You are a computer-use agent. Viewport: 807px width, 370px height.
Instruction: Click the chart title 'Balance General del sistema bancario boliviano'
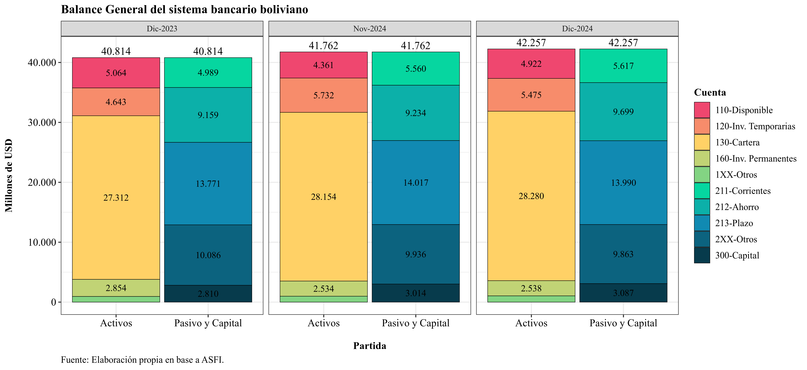184,9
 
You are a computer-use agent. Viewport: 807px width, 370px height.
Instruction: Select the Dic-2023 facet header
162,28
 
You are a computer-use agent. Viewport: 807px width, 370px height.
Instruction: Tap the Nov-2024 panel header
370,28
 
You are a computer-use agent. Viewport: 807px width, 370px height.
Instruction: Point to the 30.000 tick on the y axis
42,122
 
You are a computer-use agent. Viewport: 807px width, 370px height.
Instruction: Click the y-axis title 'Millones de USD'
9,175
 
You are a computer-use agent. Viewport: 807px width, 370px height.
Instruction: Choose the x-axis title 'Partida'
370,346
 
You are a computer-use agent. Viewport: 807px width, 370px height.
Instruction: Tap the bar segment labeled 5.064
116,73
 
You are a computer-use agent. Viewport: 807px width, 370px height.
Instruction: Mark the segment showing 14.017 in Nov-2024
416,182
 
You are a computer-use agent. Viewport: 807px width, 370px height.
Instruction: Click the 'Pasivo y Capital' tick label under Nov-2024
416,323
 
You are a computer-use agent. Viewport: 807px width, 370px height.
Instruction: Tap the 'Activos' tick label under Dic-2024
531,323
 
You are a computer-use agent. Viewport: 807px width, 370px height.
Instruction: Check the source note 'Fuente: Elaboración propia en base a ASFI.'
143,360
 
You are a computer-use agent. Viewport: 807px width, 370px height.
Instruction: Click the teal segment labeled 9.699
624,111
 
